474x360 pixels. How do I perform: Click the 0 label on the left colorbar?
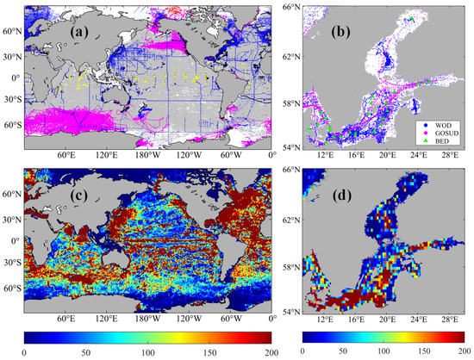tap(24, 353)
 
